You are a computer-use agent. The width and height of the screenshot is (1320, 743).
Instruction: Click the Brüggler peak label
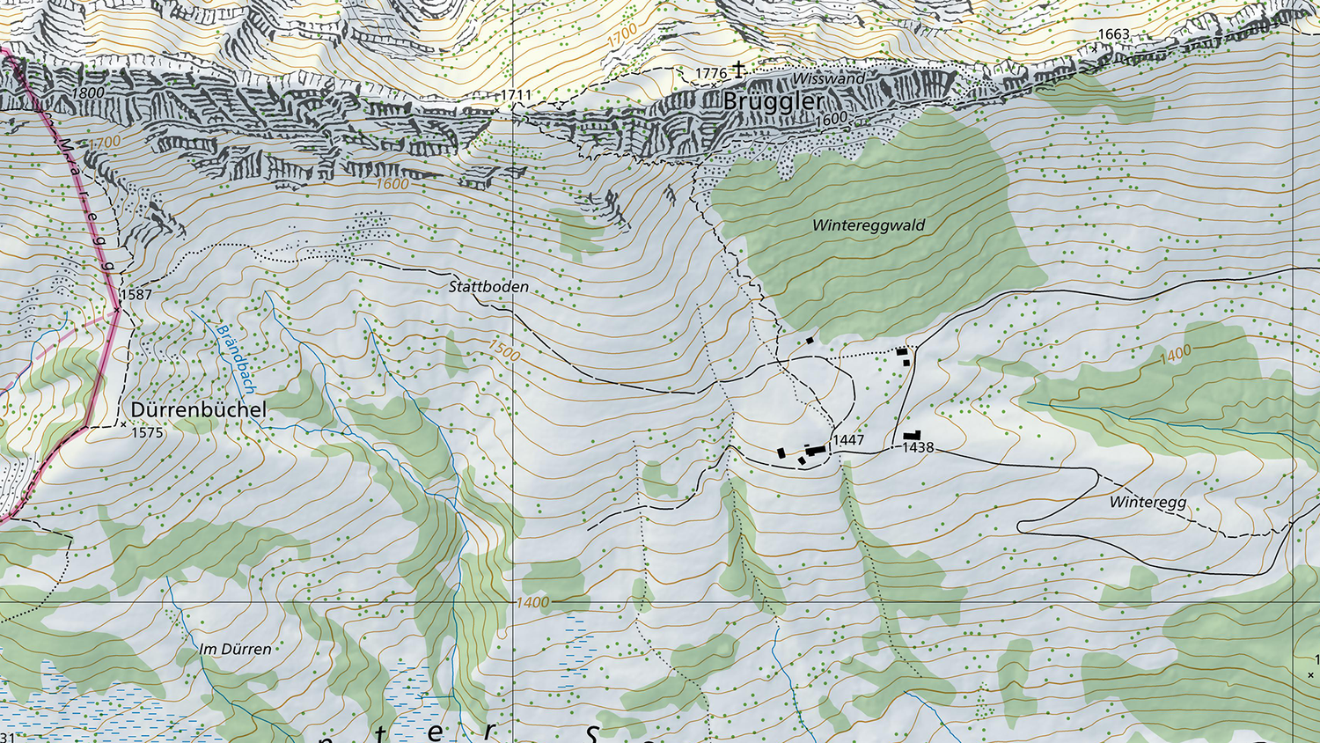(773, 101)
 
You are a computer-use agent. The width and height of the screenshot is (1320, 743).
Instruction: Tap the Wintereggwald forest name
(868, 225)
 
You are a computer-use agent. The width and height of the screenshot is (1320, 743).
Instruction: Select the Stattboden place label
(488, 287)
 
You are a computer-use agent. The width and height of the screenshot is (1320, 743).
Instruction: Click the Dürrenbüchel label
(198, 409)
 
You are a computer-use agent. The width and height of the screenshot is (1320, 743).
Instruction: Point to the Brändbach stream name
(236, 359)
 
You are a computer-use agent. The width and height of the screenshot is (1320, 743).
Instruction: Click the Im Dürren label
(235, 650)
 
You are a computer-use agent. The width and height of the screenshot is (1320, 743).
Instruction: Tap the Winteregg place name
(1148, 502)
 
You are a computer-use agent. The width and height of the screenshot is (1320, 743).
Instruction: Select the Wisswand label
(828, 78)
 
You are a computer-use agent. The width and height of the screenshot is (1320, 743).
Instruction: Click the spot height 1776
(711, 73)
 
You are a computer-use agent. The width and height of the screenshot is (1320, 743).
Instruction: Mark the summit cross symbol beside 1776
(739, 69)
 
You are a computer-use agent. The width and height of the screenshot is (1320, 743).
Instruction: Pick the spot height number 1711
(516, 95)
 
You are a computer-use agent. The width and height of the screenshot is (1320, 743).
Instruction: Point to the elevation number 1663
(1113, 34)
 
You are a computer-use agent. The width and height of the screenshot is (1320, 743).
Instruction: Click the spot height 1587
(136, 294)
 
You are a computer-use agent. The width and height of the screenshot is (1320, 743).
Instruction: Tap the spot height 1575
(147, 432)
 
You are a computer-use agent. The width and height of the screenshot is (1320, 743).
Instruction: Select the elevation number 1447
(848, 439)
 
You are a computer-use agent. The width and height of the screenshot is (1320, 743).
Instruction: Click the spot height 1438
(918, 447)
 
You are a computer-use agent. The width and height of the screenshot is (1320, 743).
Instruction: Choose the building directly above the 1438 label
(912, 436)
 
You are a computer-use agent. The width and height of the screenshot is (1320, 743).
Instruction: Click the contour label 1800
(88, 92)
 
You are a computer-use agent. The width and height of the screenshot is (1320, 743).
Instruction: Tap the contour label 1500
(504, 350)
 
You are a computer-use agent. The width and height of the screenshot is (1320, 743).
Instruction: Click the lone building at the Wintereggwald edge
(810, 340)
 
